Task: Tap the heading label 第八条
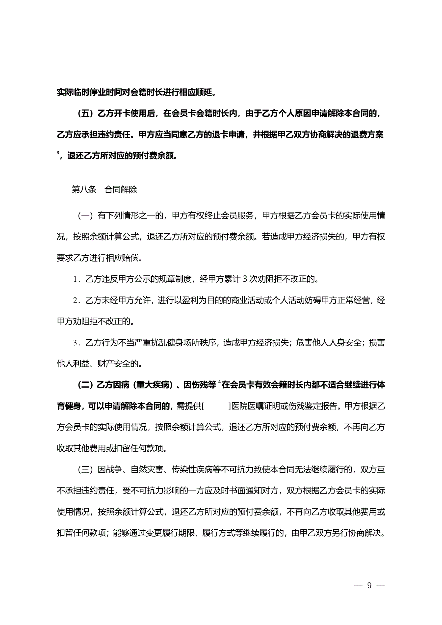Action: click(84, 190)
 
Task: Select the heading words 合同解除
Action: click(121, 190)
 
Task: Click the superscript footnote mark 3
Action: click(58, 153)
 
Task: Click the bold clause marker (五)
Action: click(85, 113)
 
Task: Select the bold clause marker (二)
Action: click(85, 385)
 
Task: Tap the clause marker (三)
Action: click(85, 470)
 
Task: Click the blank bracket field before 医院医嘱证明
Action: click(216, 406)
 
